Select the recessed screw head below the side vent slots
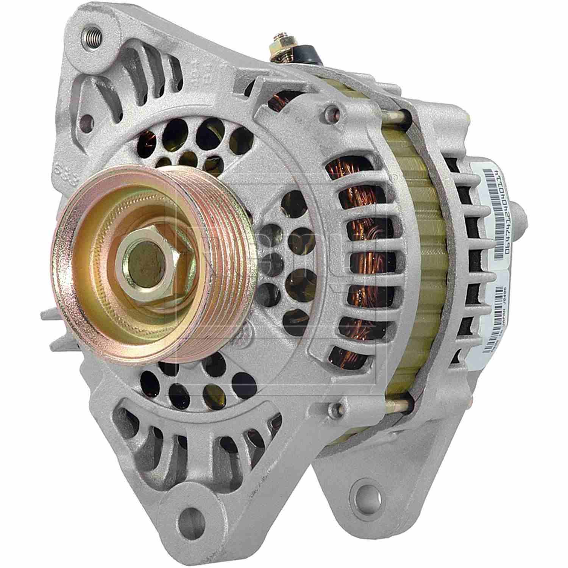point(333,407)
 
